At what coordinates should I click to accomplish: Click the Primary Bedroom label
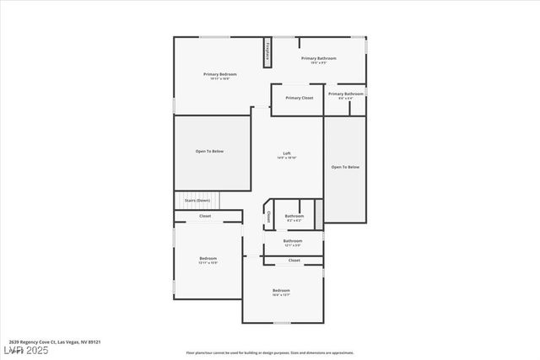pos(220,74)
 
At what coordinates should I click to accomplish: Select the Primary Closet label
pos(299,98)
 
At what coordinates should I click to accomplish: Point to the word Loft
pos(287,153)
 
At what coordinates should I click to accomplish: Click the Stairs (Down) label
pos(197,201)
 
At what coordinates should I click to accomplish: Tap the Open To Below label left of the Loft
pos(209,151)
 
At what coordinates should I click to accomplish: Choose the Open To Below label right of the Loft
pos(345,167)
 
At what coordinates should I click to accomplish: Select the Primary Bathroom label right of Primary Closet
pos(346,94)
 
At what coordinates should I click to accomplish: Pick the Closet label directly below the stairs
pos(205,217)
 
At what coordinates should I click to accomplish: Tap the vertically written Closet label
pos(268,217)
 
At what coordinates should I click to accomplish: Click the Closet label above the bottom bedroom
pos(294,261)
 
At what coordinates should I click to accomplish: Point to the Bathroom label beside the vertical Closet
pos(294,216)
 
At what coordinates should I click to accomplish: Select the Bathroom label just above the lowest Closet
pos(293,240)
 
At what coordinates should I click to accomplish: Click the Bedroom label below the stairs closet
pos(208,258)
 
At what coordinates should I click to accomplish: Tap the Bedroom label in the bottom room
pos(281,290)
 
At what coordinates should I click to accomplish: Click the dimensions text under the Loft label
pos(287,158)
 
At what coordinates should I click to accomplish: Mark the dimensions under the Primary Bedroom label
pos(220,79)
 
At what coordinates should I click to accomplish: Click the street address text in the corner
pos(50,342)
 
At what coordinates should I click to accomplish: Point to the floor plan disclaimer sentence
pos(271,352)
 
